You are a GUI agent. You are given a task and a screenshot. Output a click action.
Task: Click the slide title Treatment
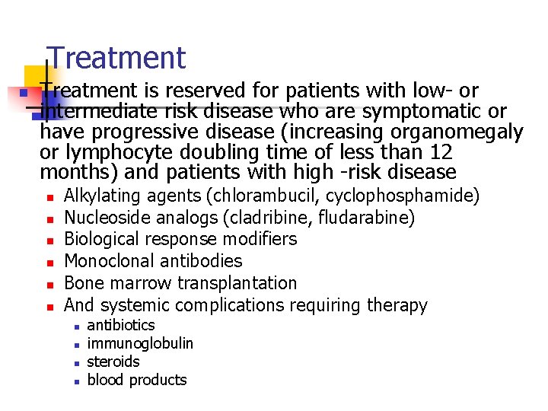pyautogui.click(x=116, y=58)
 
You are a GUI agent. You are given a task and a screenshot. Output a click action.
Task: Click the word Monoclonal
pyautogui.click(x=111, y=261)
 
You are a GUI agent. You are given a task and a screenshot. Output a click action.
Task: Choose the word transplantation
pyautogui.click(x=237, y=283)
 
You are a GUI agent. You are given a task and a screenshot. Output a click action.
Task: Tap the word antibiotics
pyautogui.click(x=121, y=325)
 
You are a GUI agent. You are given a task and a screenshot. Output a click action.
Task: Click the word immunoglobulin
pyautogui.click(x=140, y=343)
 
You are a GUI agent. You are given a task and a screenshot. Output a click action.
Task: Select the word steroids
pyautogui.click(x=113, y=362)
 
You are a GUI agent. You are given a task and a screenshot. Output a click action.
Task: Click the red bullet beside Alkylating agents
pyautogui.click(x=48, y=197)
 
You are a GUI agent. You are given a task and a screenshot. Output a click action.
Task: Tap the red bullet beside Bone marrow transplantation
pyautogui.click(x=48, y=285)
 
